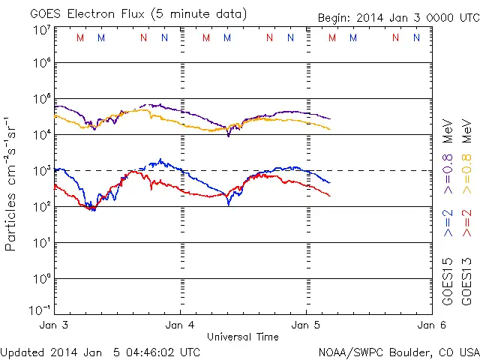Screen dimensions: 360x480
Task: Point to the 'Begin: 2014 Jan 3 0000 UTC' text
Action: click(397, 17)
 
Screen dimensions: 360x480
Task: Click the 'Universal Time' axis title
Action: click(242, 337)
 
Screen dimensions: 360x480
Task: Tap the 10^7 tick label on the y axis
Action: click(41, 30)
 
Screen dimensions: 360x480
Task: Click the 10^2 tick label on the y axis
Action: click(41, 206)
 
